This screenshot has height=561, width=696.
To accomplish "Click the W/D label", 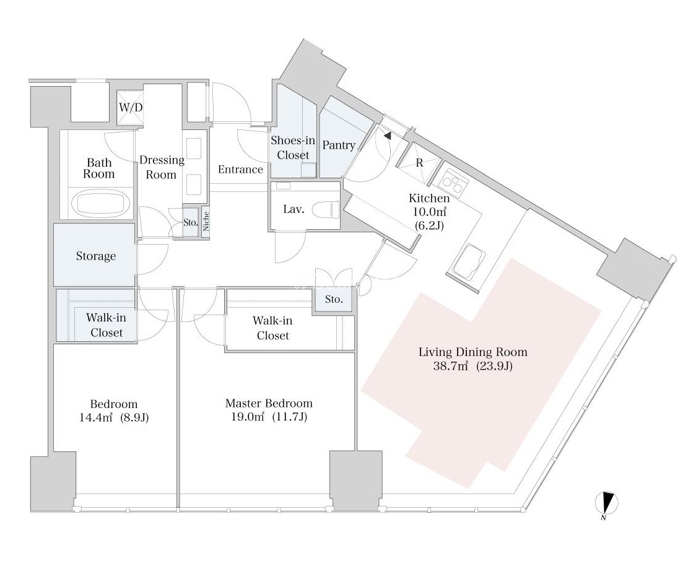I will (x=130, y=108).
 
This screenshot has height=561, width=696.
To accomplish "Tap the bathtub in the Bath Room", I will (x=102, y=202).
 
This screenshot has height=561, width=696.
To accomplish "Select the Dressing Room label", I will (x=162, y=167).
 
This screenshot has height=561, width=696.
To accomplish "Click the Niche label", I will (x=206, y=221).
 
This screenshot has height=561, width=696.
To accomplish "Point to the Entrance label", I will (x=240, y=170).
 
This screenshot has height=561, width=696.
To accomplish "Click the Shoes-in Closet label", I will (x=293, y=148).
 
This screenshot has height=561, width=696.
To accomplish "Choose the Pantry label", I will (x=338, y=146).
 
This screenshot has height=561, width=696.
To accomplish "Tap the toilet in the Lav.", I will (x=326, y=209).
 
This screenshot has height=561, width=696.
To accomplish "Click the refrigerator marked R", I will (x=419, y=163).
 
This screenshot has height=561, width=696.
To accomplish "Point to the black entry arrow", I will (x=387, y=135).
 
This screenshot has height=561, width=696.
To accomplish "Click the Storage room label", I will (x=96, y=256).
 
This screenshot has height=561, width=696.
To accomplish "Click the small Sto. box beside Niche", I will (x=190, y=222).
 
